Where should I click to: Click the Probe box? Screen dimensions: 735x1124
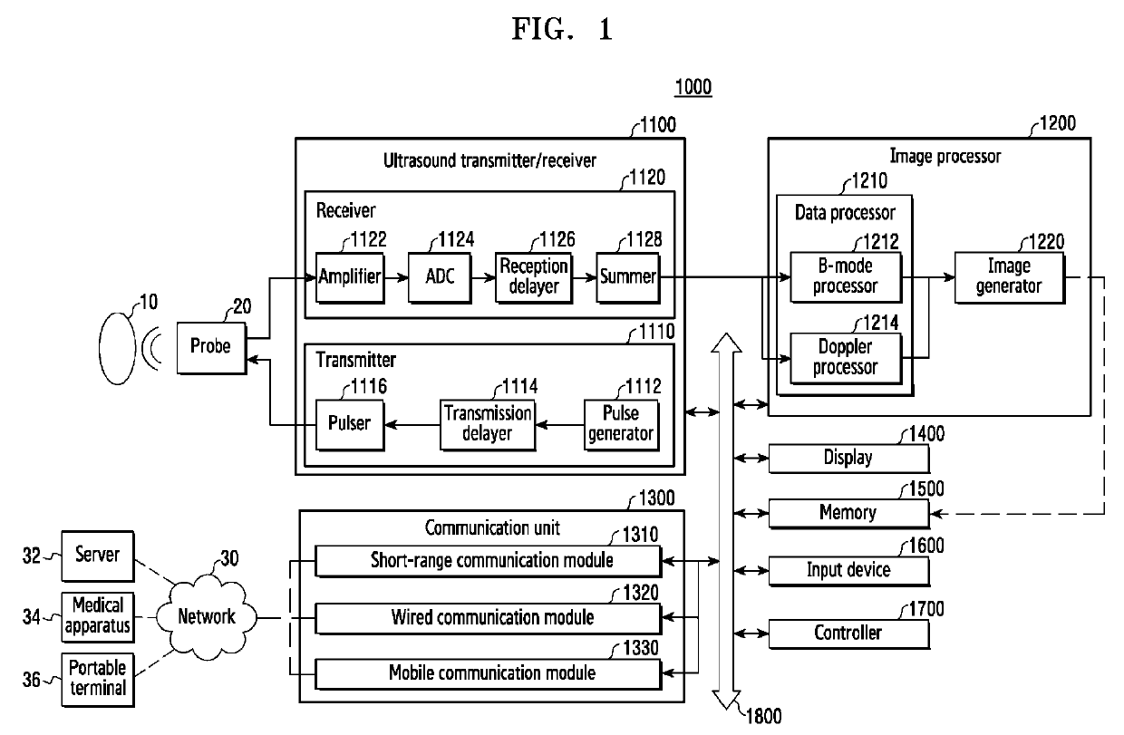click(210, 346)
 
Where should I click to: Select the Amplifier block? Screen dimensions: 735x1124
click(350, 276)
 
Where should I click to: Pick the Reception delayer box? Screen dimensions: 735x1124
click(534, 276)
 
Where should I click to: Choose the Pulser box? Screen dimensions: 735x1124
click(349, 422)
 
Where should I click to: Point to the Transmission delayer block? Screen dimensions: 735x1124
click(487, 422)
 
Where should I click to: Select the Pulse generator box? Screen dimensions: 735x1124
click(621, 422)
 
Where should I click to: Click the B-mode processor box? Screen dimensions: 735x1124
click(847, 276)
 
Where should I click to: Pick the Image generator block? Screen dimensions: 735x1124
click(1009, 276)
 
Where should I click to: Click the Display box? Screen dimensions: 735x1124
click(848, 458)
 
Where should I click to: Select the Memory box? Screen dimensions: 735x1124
click(848, 513)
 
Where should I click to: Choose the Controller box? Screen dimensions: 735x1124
click(848, 633)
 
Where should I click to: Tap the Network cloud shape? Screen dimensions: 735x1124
click(206, 617)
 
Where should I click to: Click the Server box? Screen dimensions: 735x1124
click(97, 554)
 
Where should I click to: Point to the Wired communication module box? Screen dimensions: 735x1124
click(489, 618)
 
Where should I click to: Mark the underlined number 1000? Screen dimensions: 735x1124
click(693, 88)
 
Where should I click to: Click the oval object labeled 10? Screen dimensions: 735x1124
click(118, 347)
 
